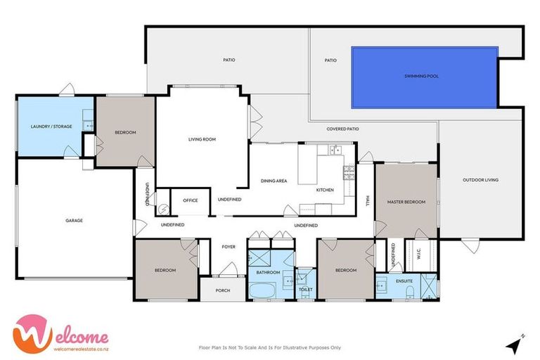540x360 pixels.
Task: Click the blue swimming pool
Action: point(424,77)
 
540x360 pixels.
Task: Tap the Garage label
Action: point(75,221)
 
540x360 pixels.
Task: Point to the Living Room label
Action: point(202,139)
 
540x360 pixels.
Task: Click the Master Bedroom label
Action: point(406,202)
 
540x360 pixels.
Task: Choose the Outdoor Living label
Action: point(480,180)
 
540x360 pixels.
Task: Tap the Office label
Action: point(191,200)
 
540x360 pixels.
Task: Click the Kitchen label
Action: point(324,191)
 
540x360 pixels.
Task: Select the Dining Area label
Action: point(274,181)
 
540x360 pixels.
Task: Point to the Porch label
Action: point(223,290)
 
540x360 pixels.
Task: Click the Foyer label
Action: point(229,247)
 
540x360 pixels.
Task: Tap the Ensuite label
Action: point(404,281)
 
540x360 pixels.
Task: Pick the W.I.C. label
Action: point(418,256)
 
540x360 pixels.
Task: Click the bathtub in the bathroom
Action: point(262,290)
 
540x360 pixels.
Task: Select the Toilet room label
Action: point(305,289)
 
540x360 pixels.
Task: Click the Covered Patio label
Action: point(343,129)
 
